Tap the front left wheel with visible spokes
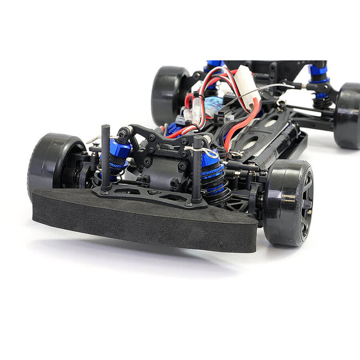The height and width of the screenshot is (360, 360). [x=288, y=202]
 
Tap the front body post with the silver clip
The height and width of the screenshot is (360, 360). [x=197, y=169]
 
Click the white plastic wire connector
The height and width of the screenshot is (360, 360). [x=248, y=89]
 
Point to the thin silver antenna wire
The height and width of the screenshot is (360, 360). [x=277, y=86]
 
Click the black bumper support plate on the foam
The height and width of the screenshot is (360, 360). [x=150, y=194]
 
